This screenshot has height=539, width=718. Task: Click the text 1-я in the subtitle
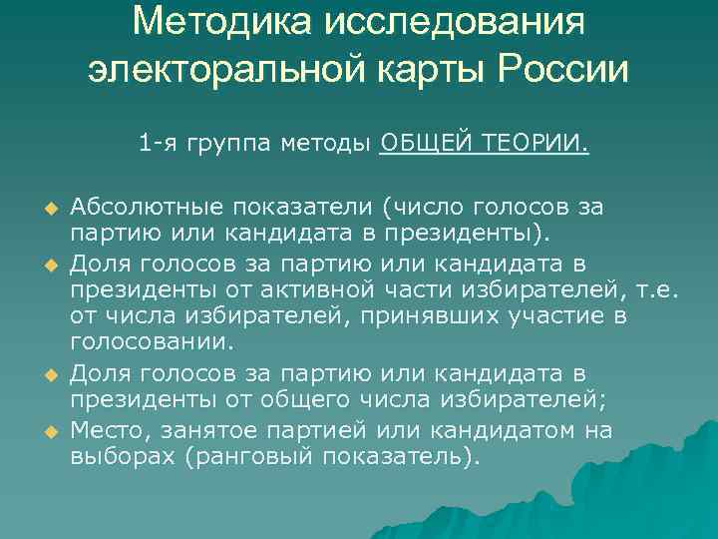tap(156, 145)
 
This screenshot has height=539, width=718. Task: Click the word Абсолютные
tap(147, 207)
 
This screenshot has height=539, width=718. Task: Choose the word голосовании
tap(152, 343)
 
